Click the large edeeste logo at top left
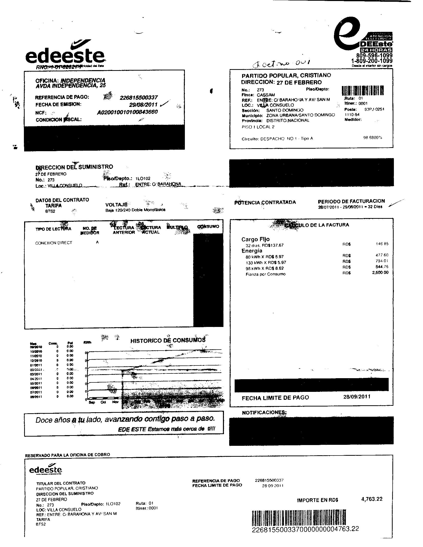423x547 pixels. tap(65, 54)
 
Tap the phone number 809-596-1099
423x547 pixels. tap(374, 56)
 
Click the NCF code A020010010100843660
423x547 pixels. tap(127, 112)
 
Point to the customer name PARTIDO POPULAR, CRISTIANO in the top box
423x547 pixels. tap(286, 75)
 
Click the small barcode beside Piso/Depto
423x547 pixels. tap(363, 91)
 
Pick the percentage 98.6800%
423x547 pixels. tap(373, 137)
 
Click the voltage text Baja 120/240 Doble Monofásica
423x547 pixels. tap(135, 210)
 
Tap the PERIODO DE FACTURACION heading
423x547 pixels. tap(351, 201)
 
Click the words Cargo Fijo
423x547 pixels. tap(255, 239)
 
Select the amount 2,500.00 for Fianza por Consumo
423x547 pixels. tap(380, 273)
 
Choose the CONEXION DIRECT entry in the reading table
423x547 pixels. tap(54, 243)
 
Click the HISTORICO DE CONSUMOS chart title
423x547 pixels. tap(168, 340)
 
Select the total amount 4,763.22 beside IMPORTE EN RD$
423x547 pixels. tap(372, 499)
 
